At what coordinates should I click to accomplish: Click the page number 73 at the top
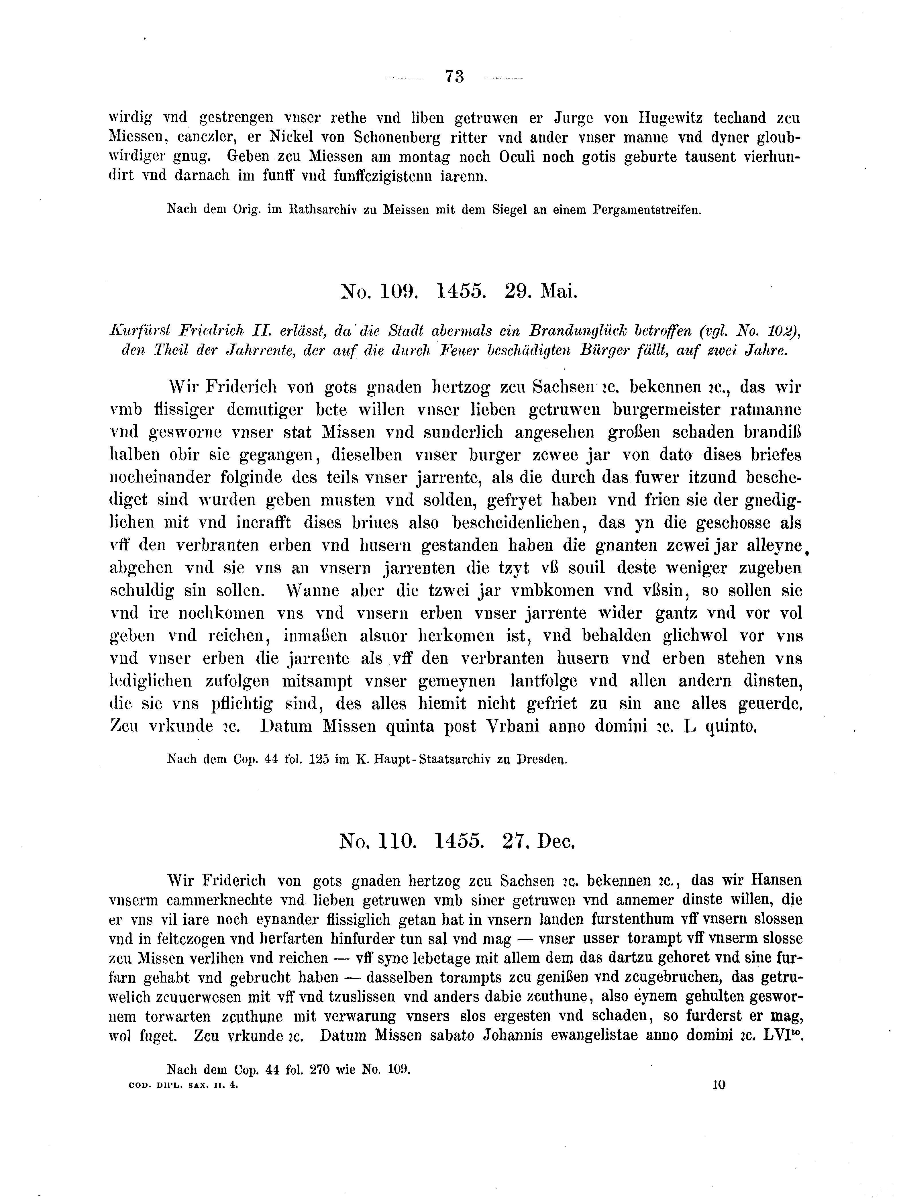pyautogui.click(x=454, y=77)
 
